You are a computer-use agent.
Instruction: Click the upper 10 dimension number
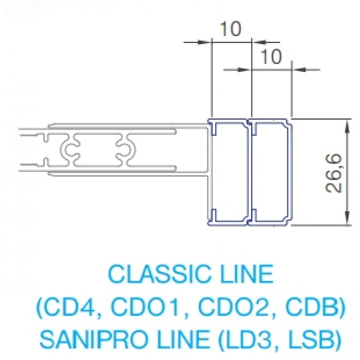tap(231, 29)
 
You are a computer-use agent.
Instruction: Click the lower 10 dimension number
tap(271, 56)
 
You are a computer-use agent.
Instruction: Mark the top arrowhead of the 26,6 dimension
tap(347, 126)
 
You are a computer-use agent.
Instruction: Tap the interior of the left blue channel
tap(230, 173)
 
